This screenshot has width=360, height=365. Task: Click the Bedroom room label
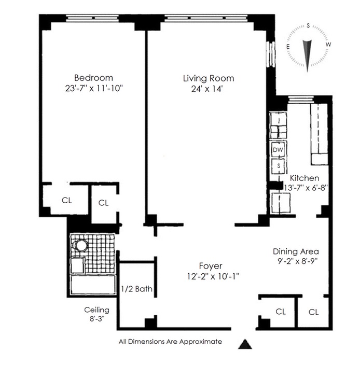pos(93,78)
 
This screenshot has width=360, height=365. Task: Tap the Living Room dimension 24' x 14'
pos(207,89)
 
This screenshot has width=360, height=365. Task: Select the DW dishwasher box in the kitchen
pos(278,150)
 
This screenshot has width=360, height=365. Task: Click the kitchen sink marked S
pos(278,166)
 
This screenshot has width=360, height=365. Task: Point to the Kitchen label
pos(304,178)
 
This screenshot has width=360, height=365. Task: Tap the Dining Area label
pos(296,251)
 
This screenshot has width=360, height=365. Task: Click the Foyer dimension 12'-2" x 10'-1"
pos(213,276)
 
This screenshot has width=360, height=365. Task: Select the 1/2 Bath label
pos(136,289)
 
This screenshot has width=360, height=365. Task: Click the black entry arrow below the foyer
pos(245,344)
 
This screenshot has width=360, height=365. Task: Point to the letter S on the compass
pos(308,25)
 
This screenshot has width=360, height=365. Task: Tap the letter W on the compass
pos(328,45)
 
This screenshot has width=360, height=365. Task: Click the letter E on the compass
pos(288,46)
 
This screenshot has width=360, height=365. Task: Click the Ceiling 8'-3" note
pos(96,314)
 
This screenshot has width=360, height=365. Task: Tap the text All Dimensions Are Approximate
pos(170,342)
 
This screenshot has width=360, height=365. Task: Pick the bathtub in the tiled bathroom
pos(93,285)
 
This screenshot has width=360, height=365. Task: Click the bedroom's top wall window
pos(92,18)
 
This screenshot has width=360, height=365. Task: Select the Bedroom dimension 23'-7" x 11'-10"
pos(94,89)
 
